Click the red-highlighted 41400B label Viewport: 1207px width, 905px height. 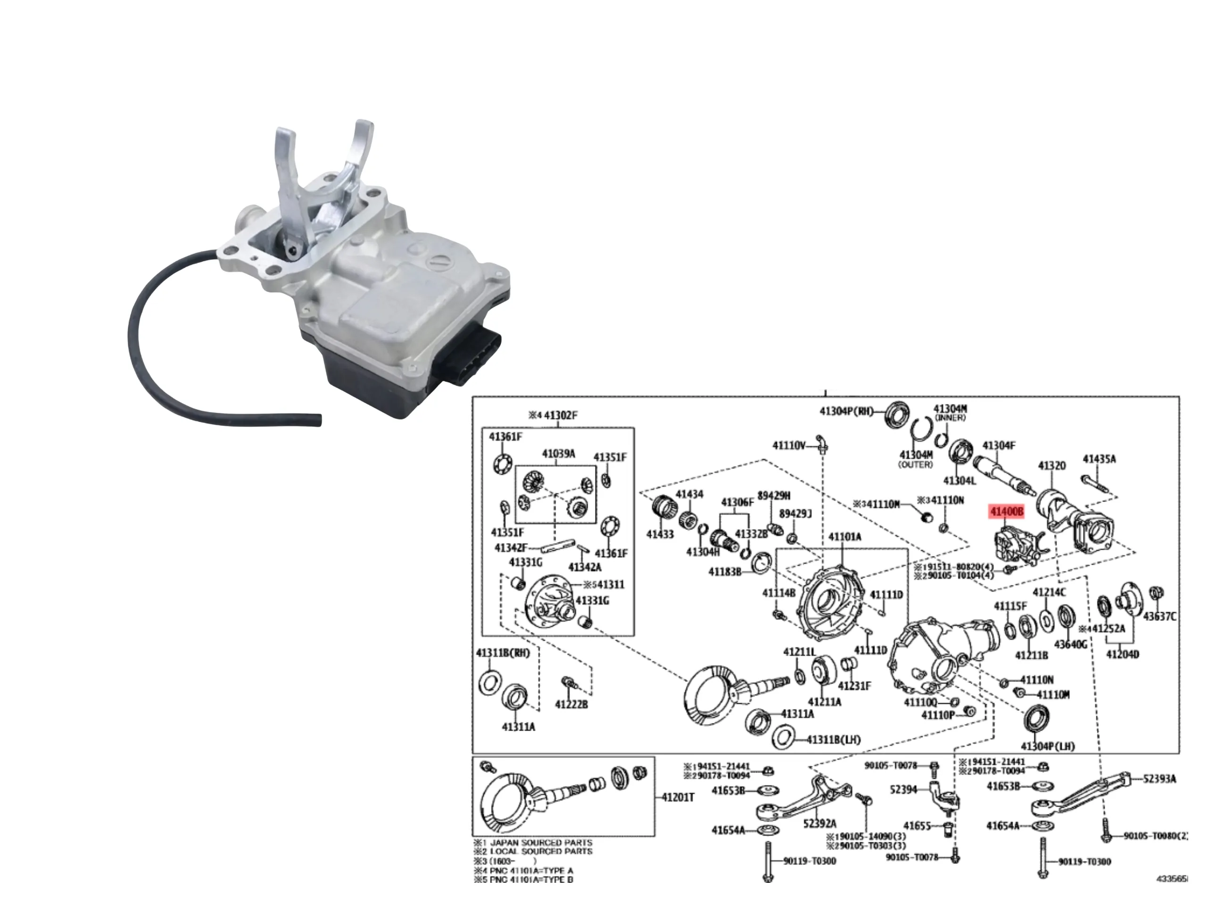1007,512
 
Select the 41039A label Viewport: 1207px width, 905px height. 558,454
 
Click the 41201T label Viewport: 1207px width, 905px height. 678,797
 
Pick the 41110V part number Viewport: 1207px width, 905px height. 788,446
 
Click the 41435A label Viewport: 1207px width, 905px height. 1099,459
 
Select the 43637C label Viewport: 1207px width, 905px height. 1159,617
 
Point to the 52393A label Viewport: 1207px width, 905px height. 1160,779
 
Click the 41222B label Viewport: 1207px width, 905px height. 571,704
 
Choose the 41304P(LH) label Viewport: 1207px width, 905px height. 1048,746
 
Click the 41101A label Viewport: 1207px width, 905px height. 845,537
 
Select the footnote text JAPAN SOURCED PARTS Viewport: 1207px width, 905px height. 541,843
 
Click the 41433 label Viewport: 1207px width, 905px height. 660,534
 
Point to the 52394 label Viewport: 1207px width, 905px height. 904,790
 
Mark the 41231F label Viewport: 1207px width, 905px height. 854,686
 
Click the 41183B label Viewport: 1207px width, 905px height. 725,572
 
